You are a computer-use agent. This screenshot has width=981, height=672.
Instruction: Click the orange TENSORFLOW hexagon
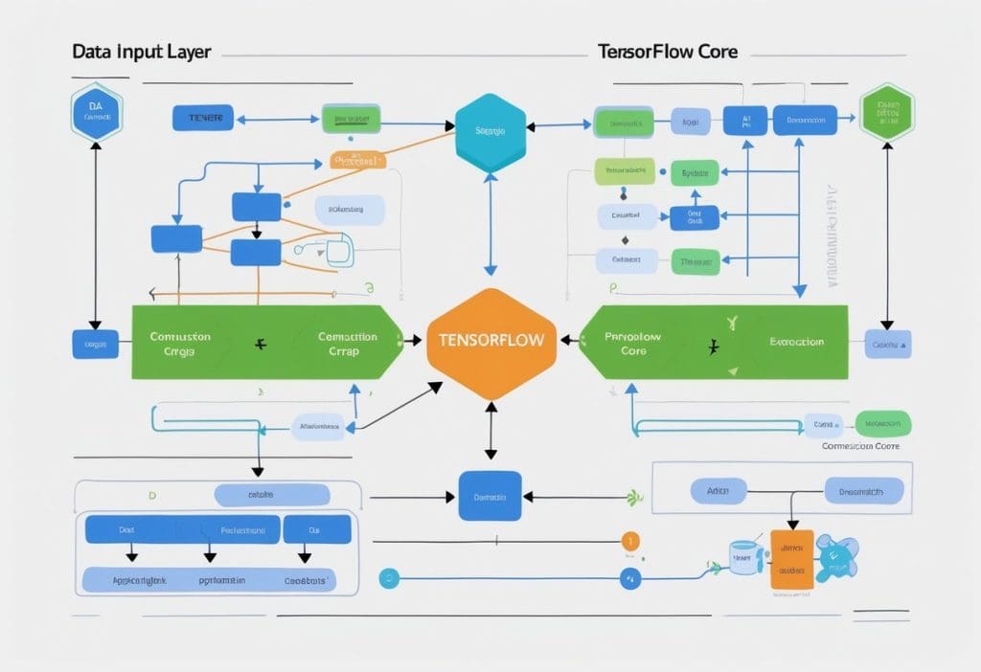click(x=490, y=341)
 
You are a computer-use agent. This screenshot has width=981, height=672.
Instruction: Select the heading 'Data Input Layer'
click(x=142, y=51)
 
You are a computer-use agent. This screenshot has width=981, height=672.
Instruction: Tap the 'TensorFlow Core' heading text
click(x=667, y=51)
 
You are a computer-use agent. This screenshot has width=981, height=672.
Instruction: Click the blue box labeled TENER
click(x=203, y=119)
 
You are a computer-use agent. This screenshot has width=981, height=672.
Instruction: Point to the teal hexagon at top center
click(x=490, y=132)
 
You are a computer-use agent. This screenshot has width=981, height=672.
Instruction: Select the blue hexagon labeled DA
click(x=96, y=112)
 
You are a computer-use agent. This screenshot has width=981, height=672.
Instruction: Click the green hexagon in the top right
click(x=886, y=112)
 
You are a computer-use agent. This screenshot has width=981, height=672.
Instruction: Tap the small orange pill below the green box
click(x=357, y=160)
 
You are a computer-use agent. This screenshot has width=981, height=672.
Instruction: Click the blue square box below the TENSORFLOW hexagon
click(x=490, y=496)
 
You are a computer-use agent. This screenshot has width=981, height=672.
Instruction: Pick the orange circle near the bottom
click(x=629, y=541)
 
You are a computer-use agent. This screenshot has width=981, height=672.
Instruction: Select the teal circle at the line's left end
click(x=388, y=577)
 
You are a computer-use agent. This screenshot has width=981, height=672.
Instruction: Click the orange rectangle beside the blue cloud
click(x=791, y=559)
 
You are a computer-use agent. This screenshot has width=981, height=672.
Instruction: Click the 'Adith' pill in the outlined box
click(x=719, y=491)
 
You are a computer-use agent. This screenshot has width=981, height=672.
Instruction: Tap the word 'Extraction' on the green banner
click(x=795, y=342)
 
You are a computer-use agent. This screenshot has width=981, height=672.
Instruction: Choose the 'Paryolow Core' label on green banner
click(x=633, y=344)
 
